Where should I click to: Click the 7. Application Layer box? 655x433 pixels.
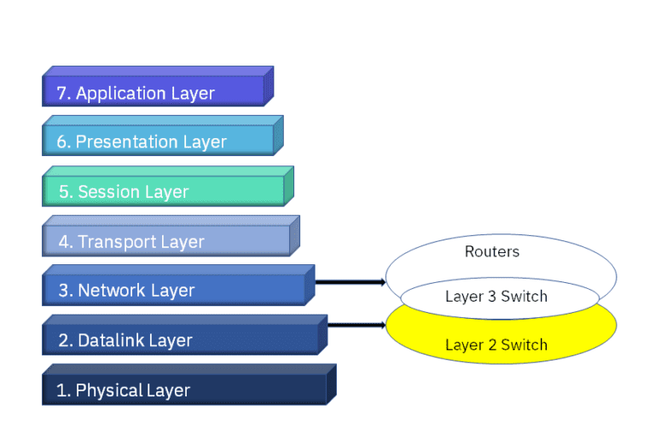click(x=154, y=92)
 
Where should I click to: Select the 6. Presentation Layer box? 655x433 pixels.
click(x=159, y=141)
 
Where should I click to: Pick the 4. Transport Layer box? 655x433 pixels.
click(x=167, y=241)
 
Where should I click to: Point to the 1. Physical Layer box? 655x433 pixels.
click(x=184, y=390)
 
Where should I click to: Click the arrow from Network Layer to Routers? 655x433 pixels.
click(x=350, y=281)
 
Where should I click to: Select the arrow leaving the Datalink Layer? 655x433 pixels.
click(x=356, y=325)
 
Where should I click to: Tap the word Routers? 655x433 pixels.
click(x=492, y=251)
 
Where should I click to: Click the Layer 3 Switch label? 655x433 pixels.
click(x=496, y=297)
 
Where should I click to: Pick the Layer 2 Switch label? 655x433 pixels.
click(x=496, y=345)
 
